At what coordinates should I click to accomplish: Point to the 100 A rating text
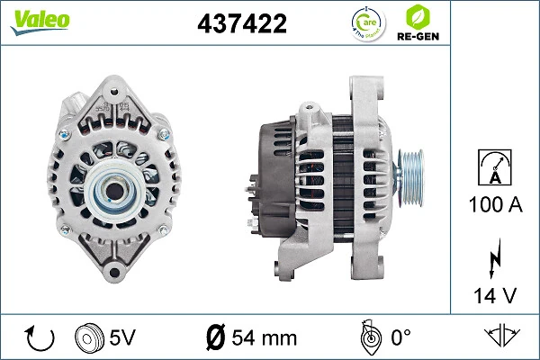pyautogui.click(x=495, y=205)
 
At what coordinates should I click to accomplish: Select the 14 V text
pyautogui.click(x=495, y=295)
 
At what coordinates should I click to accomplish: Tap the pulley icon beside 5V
pyautogui.click(x=88, y=338)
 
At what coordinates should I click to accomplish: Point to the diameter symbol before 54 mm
pyautogui.click(x=216, y=338)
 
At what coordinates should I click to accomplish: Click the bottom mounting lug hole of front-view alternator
pyautogui.click(x=115, y=270)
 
